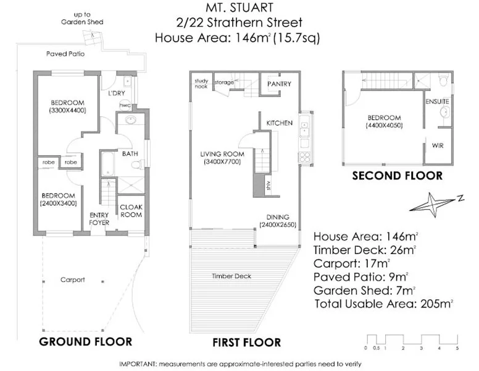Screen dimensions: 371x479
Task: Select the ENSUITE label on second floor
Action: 436,100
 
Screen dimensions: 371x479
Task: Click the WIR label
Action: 438,146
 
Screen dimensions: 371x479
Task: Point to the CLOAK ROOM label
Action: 130,211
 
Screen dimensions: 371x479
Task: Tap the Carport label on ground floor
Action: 72,279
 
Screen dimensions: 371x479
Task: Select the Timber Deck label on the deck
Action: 227,276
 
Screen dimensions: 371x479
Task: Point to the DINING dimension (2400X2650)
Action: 276,225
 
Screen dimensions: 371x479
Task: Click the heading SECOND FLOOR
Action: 397,176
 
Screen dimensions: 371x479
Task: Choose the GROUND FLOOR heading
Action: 85,341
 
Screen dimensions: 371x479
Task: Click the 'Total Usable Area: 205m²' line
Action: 384,304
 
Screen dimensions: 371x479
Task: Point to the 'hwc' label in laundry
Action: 125,105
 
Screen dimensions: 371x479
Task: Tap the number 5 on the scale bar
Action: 457,349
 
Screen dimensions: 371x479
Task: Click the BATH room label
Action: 130,153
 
